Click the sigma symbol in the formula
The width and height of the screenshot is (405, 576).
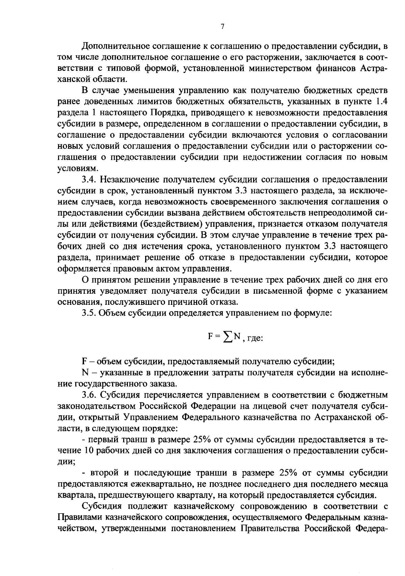point(228,337)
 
